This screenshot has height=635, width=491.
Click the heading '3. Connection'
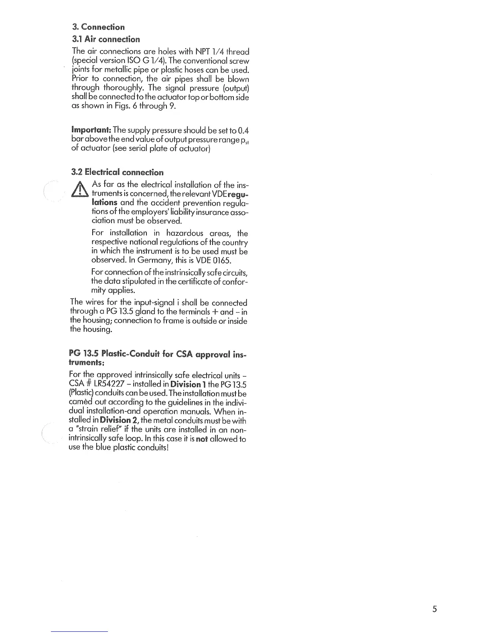(x=98, y=27)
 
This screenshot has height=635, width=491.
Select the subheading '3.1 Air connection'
(x=106, y=39)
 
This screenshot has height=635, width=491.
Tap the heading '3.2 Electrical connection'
(x=117, y=172)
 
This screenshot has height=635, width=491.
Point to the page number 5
(x=434, y=609)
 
